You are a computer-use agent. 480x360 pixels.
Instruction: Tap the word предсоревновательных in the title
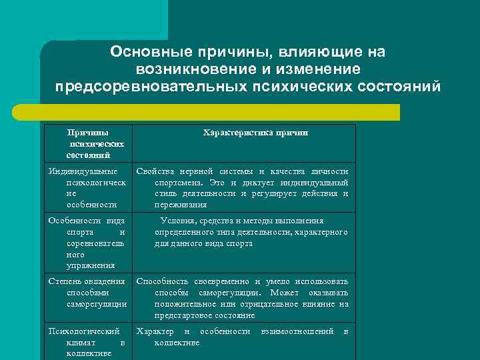pyautogui.click(x=150, y=86)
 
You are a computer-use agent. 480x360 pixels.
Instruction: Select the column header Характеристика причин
pyautogui.click(x=255, y=133)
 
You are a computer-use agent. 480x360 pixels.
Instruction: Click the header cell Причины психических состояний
pyautogui.click(x=88, y=143)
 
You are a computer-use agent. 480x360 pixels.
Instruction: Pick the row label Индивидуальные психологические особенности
pyautogui.click(x=88, y=188)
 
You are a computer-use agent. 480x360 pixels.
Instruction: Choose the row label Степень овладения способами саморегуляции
pyautogui.click(x=88, y=293)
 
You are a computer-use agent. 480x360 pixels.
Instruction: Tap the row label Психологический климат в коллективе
pyautogui.click(x=88, y=342)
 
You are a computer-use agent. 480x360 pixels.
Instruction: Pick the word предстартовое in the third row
pyautogui.click(x=183, y=315)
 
